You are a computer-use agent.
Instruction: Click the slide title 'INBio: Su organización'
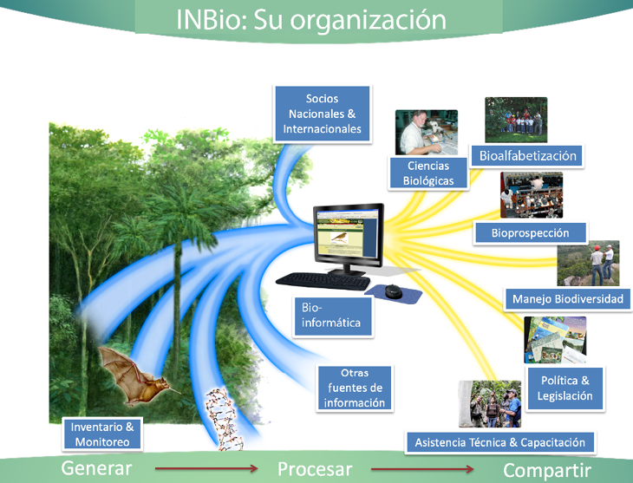(x=310, y=19)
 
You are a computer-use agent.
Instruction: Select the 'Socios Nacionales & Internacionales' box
(x=322, y=114)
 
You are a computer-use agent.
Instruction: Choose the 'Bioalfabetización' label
(x=526, y=156)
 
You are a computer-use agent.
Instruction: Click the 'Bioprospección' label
(x=530, y=232)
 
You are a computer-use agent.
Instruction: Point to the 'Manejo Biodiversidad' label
(x=567, y=299)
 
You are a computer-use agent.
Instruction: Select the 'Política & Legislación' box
(x=564, y=388)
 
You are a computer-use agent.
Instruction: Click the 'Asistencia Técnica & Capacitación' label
(x=499, y=442)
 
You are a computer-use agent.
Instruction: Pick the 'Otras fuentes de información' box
(x=354, y=388)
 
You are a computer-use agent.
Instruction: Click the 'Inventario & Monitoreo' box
(x=101, y=434)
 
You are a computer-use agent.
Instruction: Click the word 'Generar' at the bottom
(x=96, y=469)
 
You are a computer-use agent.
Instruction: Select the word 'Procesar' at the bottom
(x=315, y=469)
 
